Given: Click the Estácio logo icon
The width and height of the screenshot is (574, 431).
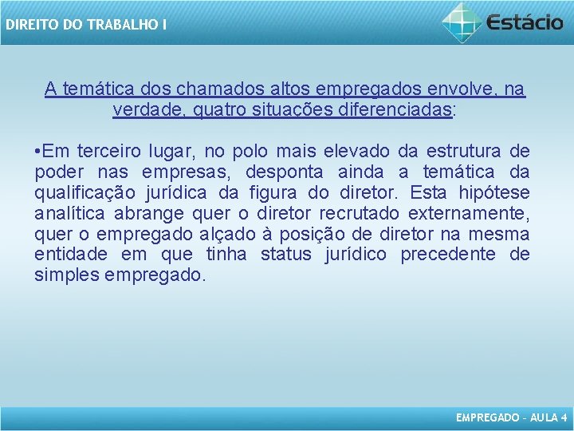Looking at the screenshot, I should (x=462, y=22).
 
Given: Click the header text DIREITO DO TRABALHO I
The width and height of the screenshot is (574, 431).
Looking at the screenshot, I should (x=85, y=25).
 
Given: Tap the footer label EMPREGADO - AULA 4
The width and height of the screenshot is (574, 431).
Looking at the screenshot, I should (x=511, y=417).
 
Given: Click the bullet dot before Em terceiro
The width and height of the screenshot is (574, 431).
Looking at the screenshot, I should (x=38, y=152).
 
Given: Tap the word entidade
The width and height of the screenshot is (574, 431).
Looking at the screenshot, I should (x=72, y=255).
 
